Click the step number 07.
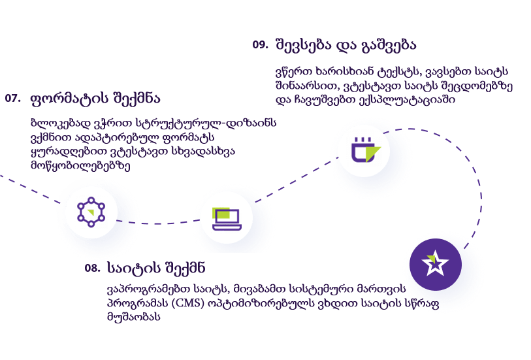(12, 98)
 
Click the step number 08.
(92, 268)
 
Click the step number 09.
(259, 44)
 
